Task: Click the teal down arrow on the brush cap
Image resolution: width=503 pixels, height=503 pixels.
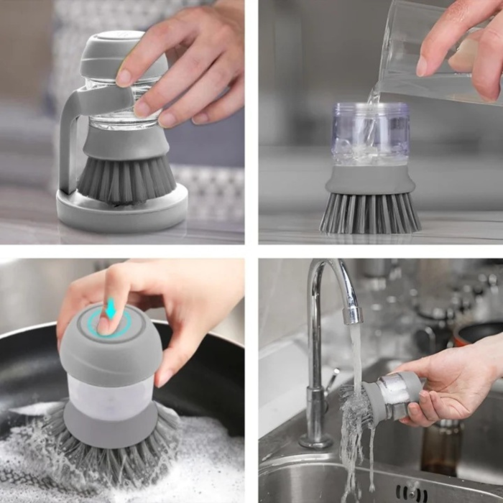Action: coord(110,310)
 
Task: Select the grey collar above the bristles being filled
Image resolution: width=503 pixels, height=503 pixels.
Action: coord(370,180)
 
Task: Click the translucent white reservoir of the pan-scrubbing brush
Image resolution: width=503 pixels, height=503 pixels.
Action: coord(111,399)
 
